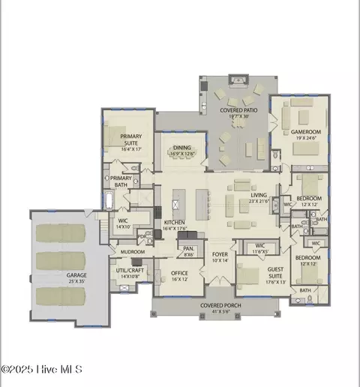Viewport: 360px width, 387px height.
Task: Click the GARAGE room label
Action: [76, 275]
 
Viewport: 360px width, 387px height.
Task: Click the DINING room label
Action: [182, 148]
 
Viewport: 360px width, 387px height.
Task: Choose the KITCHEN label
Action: [174, 223]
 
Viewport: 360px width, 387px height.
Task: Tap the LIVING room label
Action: [259, 195]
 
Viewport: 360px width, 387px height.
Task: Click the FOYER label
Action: [220, 254]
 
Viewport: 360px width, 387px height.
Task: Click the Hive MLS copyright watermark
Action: [41, 369]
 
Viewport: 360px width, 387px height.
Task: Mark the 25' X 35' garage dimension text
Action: [76, 282]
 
